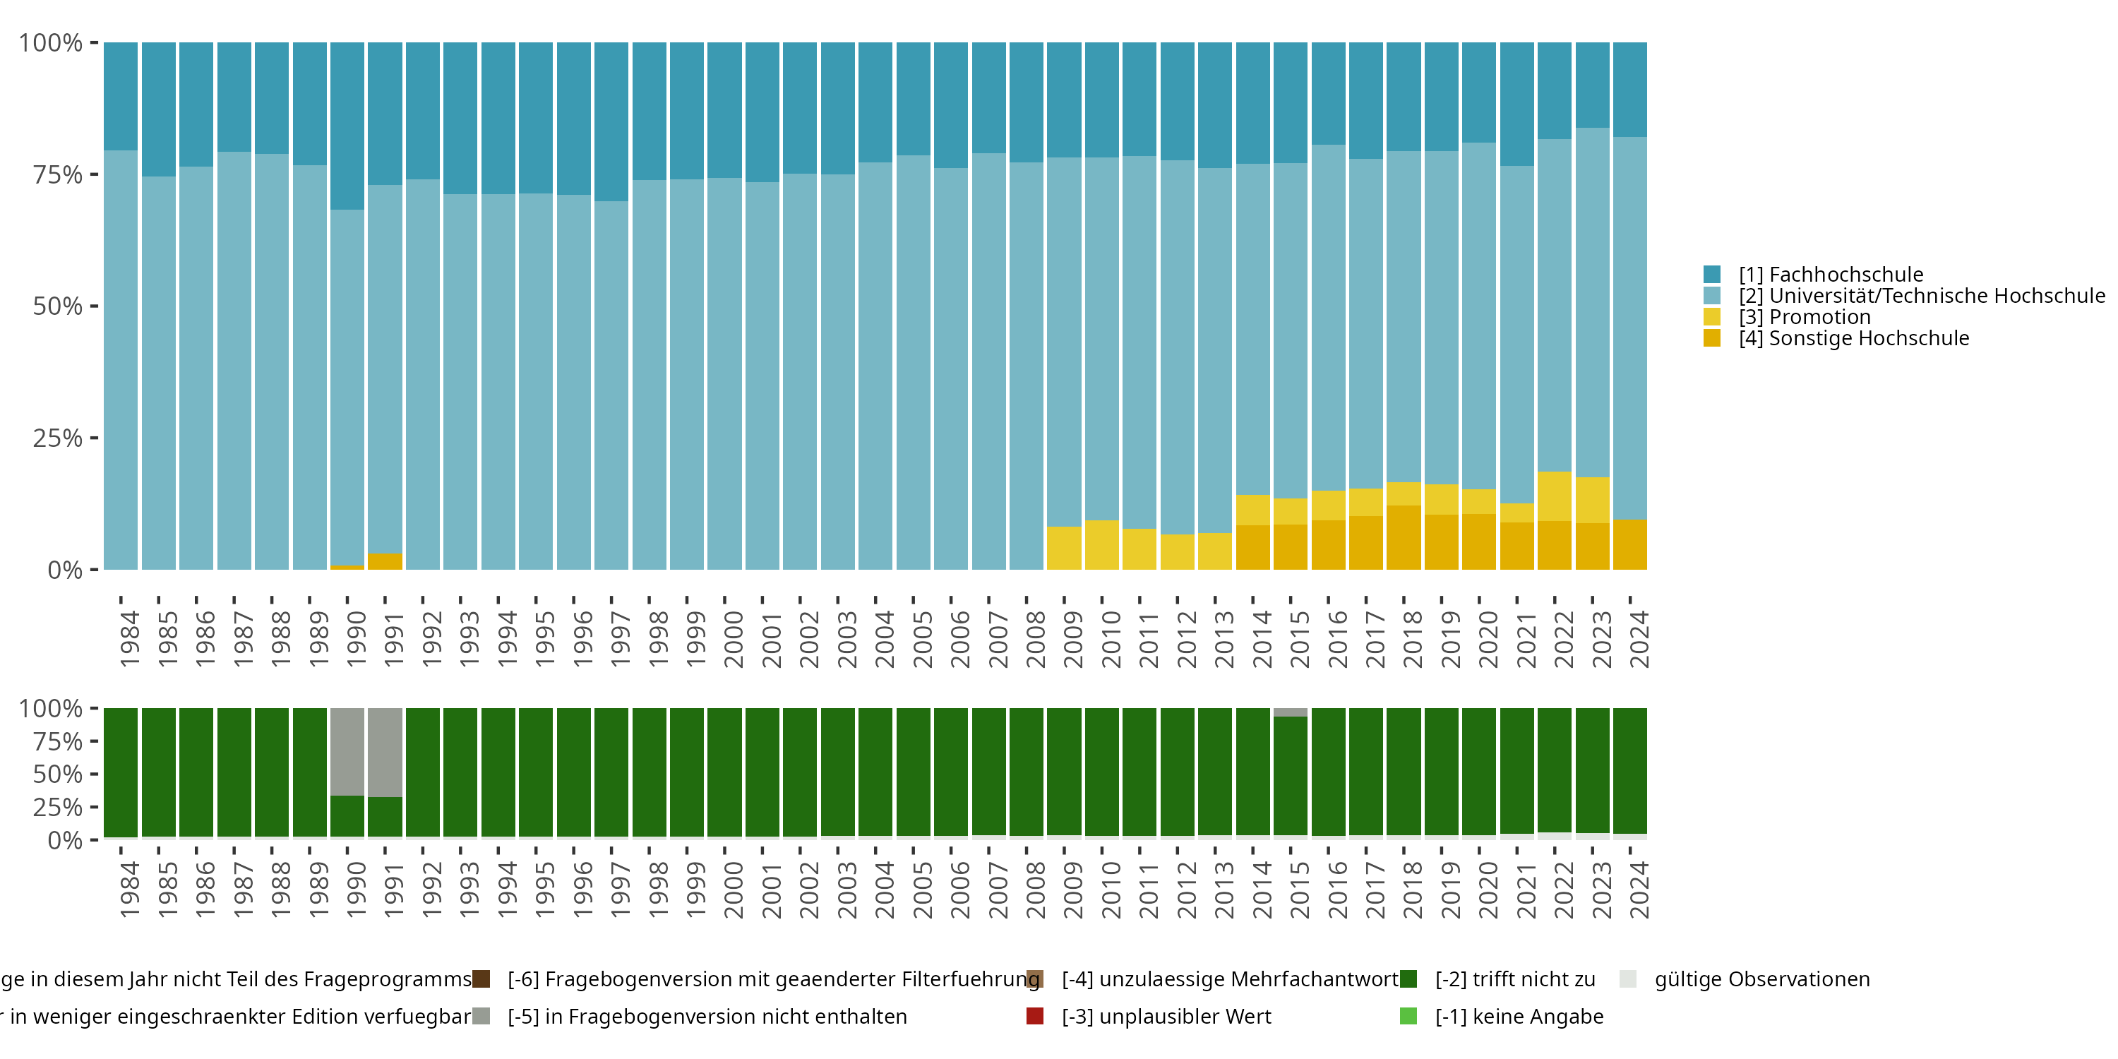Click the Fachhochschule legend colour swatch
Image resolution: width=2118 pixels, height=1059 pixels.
pyautogui.click(x=1712, y=275)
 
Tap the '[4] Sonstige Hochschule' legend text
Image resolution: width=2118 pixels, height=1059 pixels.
pyautogui.click(x=1853, y=339)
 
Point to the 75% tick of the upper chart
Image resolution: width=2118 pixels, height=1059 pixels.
pyautogui.click(x=58, y=174)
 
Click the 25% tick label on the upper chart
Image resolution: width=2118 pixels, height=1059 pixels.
pyautogui.click(x=58, y=438)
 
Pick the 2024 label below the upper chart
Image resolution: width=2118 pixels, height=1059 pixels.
pyautogui.click(x=1639, y=639)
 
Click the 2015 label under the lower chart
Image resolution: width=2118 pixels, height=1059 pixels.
pyautogui.click(x=1299, y=890)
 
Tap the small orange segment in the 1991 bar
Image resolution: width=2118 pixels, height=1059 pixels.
pyautogui.click(x=385, y=561)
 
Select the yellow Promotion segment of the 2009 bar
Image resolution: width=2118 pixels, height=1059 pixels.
pyautogui.click(x=1064, y=548)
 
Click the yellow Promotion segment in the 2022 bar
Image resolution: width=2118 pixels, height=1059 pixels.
pyautogui.click(x=1554, y=496)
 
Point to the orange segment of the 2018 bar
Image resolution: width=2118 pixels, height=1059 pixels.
pyautogui.click(x=1404, y=537)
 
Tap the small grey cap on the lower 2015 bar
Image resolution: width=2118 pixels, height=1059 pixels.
pyautogui.click(x=1290, y=712)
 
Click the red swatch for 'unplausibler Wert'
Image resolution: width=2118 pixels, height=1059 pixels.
pyautogui.click(x=1035, y=1016)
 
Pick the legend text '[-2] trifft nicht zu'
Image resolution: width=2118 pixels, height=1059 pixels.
pyautogui.click(x=1514, y=979)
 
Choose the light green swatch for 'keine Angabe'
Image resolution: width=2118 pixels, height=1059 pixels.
pyautogui.click(x=1408, y=1016)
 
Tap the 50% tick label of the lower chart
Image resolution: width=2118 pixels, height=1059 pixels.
pyautogui.click(x=58, y=774)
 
